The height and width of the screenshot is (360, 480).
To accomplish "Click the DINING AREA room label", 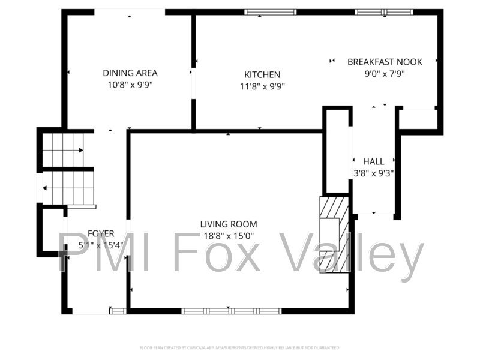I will tap(130, 73).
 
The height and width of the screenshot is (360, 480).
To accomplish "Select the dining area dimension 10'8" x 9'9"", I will tap(130, 85).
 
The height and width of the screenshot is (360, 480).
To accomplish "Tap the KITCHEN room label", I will tap(262, 75).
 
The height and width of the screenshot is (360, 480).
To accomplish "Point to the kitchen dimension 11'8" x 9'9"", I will tap(262, 86).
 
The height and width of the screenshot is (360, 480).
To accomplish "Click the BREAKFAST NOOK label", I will tap(385, 62).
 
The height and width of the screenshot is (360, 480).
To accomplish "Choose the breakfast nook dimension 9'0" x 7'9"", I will tap(385, 74).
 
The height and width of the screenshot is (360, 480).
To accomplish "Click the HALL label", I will tap(373, 161).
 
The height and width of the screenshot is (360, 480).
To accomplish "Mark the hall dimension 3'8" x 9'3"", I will tap(373, 173).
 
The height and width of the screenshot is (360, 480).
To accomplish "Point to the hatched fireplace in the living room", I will tap(334, 234).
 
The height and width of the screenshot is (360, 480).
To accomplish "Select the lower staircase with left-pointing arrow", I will tap(69, 188).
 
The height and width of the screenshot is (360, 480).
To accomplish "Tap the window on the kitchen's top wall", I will tap(270, 12).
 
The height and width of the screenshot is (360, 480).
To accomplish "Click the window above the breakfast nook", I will tap(383, 12).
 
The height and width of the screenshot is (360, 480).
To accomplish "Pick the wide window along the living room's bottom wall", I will tap(232, 311).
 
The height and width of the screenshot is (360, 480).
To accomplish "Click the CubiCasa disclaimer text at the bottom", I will tap(240, 347).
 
